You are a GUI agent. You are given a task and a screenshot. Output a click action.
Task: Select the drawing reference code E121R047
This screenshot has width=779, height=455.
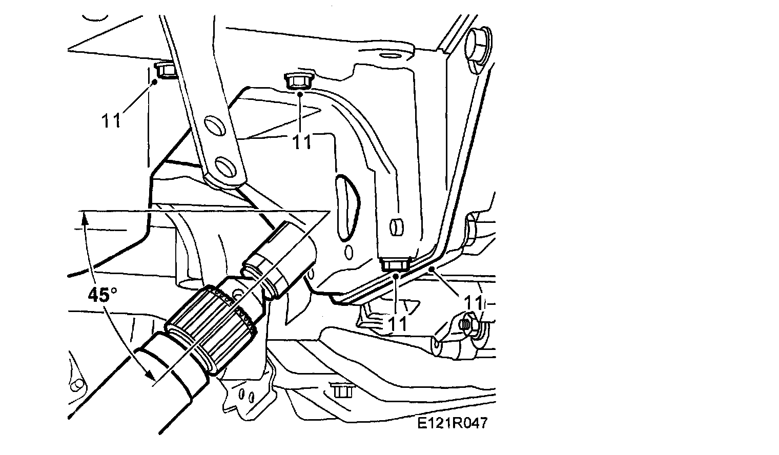click(452, 423)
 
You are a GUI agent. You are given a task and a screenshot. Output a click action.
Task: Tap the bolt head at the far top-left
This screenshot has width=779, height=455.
click(164, 70)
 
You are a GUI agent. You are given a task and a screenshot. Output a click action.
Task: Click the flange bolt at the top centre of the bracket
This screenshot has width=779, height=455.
click(296, 81)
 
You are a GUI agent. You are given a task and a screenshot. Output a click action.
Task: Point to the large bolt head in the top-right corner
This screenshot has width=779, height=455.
click(479, 45)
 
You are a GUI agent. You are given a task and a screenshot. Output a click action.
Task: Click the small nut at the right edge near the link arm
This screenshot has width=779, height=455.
click(468, 324)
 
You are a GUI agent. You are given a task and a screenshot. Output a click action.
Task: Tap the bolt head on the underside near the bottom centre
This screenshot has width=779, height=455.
click(340, 390)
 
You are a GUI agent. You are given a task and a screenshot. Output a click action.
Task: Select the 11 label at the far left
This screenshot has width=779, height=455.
click(111, 120)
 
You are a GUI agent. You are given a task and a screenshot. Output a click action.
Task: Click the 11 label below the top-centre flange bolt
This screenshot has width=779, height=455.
click(302, 142)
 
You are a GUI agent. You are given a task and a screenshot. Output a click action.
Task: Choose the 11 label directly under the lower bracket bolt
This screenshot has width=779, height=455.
click(398, 324)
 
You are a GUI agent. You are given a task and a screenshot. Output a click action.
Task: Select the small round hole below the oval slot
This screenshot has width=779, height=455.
click(349, 252)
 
